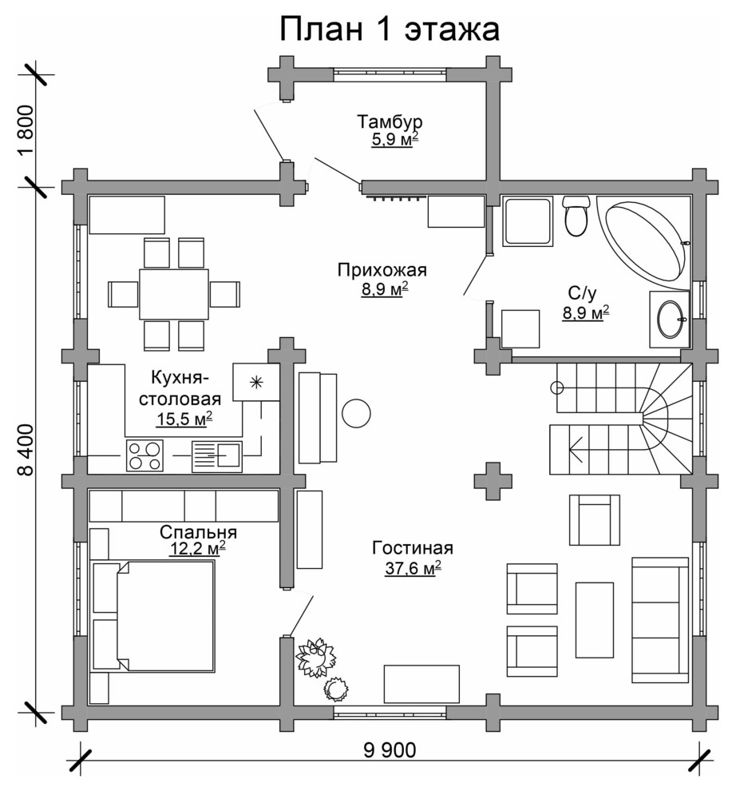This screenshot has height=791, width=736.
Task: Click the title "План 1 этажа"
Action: (x=390, y=30)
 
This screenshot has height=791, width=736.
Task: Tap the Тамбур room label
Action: (x=390, y=122)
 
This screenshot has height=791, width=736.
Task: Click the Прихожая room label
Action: (x=382, y=270)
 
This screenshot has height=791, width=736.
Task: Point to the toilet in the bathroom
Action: (x=576, y=217)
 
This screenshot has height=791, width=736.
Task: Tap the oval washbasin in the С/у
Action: (x=671, y=320)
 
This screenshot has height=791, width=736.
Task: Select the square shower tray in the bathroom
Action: (x=528, y=222)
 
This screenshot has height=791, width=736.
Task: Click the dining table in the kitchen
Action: (x=174, y=294)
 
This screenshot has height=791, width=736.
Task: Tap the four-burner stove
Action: (x=144, y=455)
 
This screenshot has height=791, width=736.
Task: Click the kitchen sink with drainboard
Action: (x=217, y=456)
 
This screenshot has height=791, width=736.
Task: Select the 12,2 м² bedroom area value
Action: (x=196, y=549)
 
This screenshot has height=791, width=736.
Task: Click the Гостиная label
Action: (x=413, y=548)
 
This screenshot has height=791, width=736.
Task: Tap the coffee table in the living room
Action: (x=595, y=620)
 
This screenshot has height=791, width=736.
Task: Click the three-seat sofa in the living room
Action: (x=660, y=620)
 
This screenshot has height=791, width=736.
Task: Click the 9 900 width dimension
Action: (x=390, y=750)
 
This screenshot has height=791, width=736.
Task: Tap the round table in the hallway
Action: (x=356, y=413)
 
